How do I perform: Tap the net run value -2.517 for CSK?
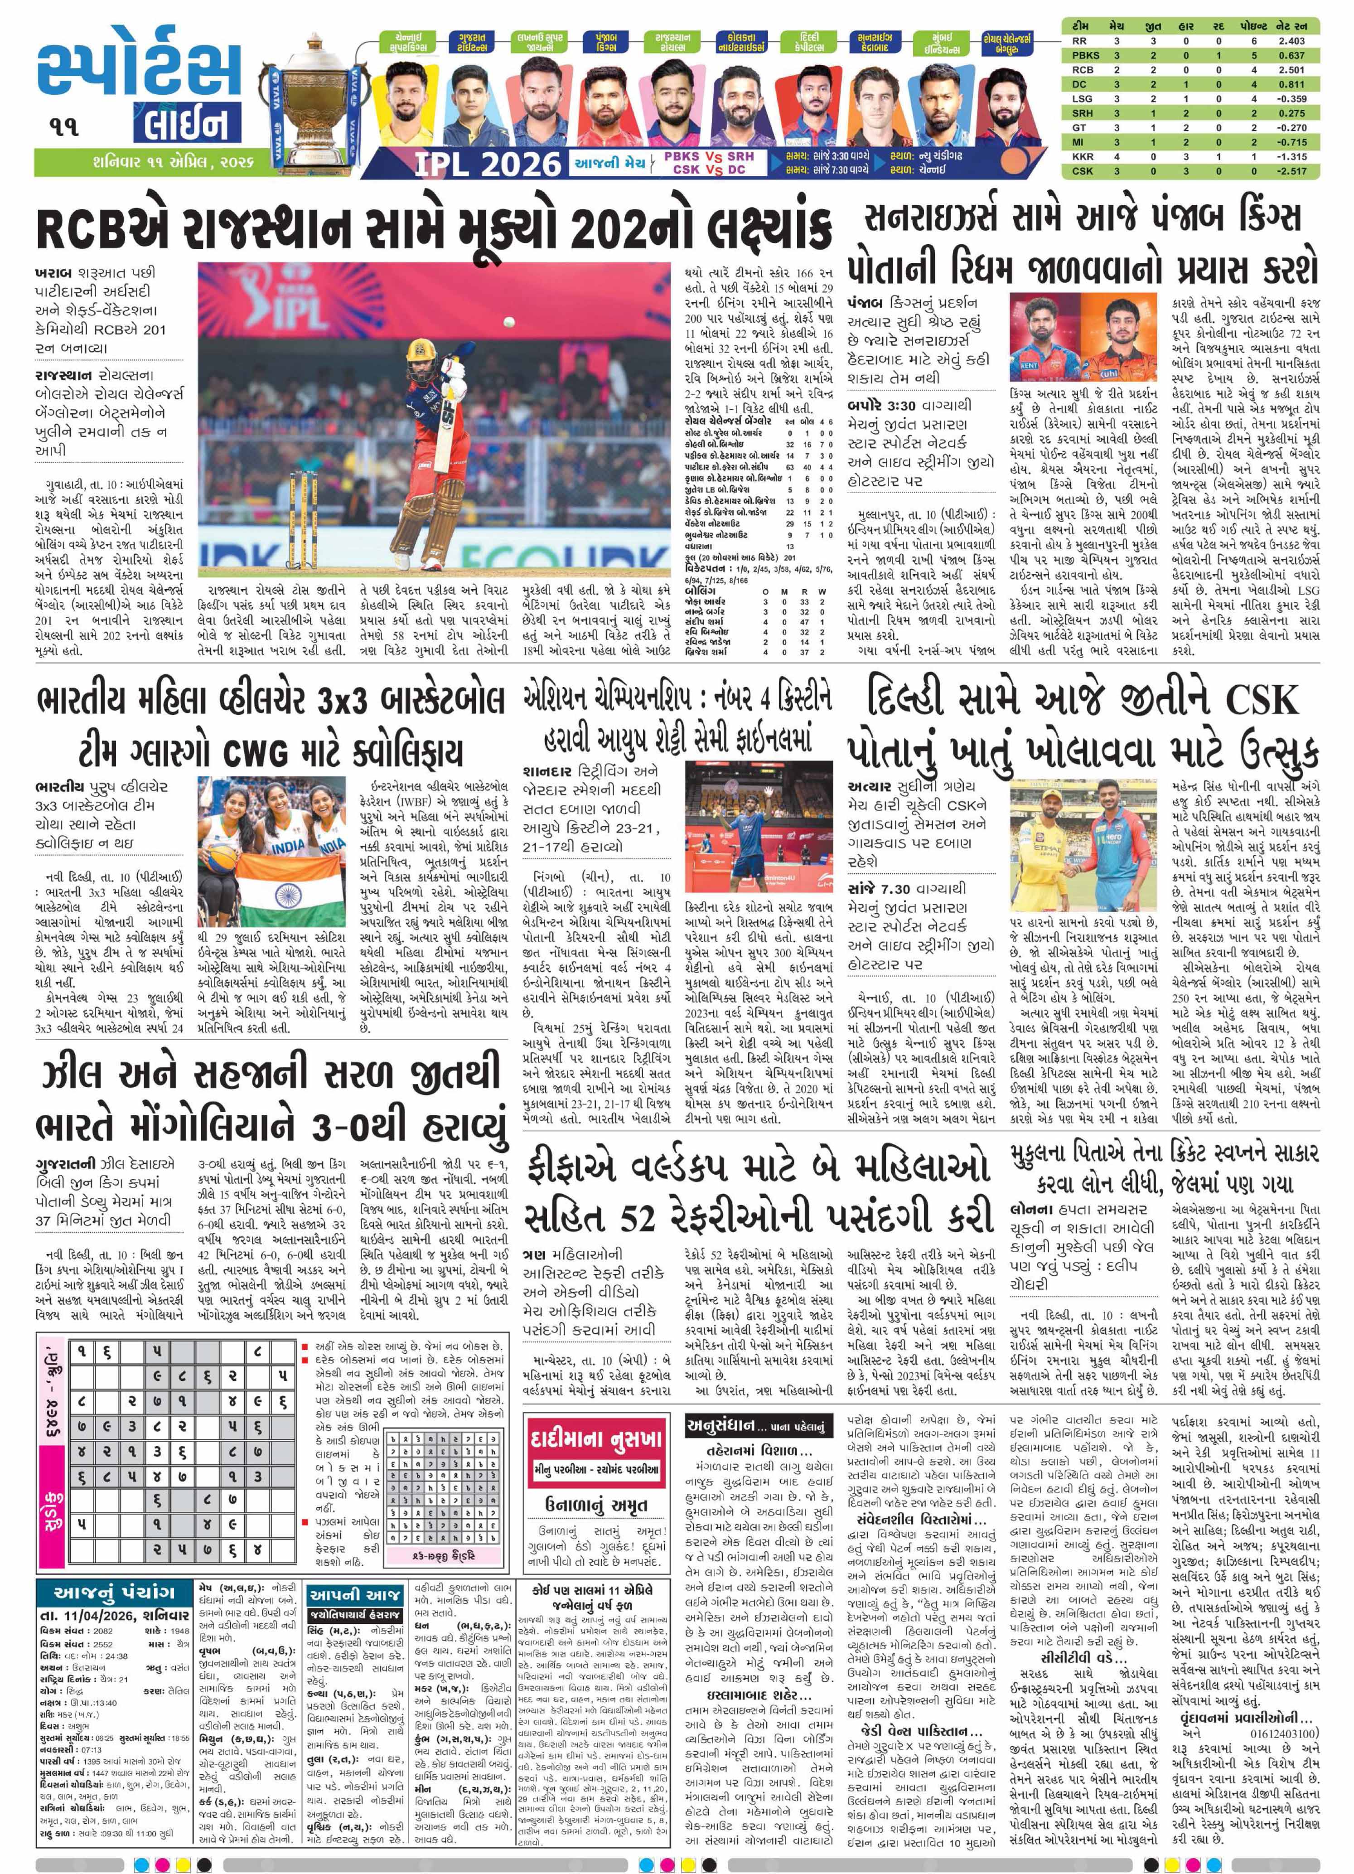click(x=1291, y=171)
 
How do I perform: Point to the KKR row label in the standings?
click(x=1082, y=156)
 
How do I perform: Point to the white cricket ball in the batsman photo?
click(x=508, y=320)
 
